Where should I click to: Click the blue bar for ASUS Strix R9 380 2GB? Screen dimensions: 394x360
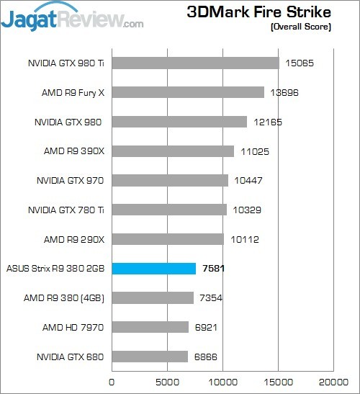point(153,269)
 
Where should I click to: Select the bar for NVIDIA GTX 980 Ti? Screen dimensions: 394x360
point(195,63)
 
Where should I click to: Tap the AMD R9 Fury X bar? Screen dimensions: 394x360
point(188,92)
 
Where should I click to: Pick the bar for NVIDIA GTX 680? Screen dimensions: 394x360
point(150,357)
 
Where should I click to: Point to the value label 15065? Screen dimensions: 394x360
point(300,63)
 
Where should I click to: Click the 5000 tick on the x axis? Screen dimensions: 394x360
point(167,382)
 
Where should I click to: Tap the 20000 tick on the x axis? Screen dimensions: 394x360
point(333,382)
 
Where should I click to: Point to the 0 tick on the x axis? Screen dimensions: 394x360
point(112,382)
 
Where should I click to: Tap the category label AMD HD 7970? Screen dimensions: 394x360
point(73,328)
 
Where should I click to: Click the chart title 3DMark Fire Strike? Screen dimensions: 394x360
point(258,12)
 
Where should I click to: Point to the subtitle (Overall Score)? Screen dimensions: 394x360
point(300,27)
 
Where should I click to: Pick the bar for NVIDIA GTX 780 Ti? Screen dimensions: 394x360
point(169,210)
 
